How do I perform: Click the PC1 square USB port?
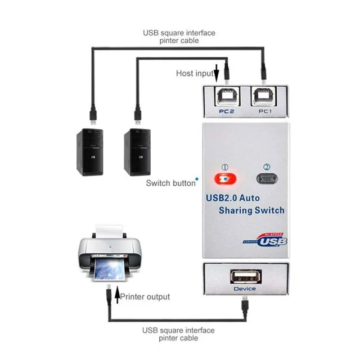pos(264,97)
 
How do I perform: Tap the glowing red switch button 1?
pos(224,181)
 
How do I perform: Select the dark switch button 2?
pos(267,181)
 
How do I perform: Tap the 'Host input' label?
pos(195,73)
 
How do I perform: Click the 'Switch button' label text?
pos(169,183)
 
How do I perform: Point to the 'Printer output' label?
pos(146,296)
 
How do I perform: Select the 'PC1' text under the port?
pos(264,111)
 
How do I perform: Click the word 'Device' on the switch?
pos(244,289)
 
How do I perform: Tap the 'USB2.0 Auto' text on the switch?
pos(233,198)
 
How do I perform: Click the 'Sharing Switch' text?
pos(251,211)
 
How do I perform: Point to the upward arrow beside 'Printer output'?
pos(117,296)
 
